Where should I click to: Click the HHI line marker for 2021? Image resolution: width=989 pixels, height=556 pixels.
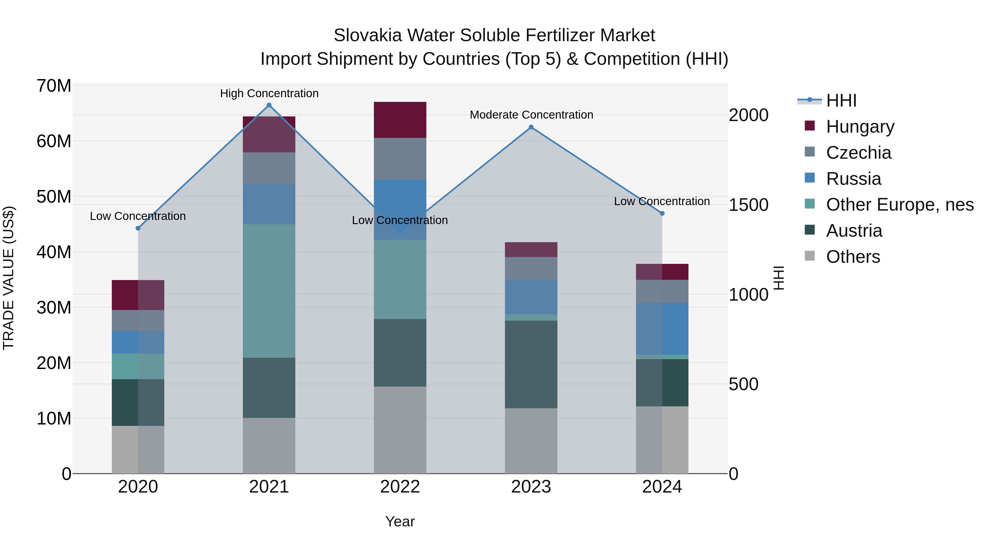pos(269,105)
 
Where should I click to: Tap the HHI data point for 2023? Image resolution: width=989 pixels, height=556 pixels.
pos(531,127)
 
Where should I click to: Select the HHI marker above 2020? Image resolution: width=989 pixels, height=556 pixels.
pos(138,228)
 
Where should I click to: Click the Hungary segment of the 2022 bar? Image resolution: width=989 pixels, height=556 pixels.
pos(400,120)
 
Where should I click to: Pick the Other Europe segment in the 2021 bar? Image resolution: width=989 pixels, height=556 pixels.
pos(269,291)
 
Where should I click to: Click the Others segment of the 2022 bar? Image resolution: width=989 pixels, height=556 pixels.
pos(400,430)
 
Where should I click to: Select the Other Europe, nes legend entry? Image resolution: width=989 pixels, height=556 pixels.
pos(899,205)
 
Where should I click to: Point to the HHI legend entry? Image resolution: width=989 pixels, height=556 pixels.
pos(841,100)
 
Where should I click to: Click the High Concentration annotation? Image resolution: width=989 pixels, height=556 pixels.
pos(269,94)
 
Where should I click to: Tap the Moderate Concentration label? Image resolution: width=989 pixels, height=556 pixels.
pos(531,115)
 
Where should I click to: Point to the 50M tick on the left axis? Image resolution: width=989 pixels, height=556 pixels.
pos(54,197)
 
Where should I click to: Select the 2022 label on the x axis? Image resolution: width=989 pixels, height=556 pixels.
pos(400,487)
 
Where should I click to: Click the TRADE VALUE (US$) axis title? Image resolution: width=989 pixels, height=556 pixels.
pos(9,278)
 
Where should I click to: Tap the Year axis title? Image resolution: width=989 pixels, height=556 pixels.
pos(400,521)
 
